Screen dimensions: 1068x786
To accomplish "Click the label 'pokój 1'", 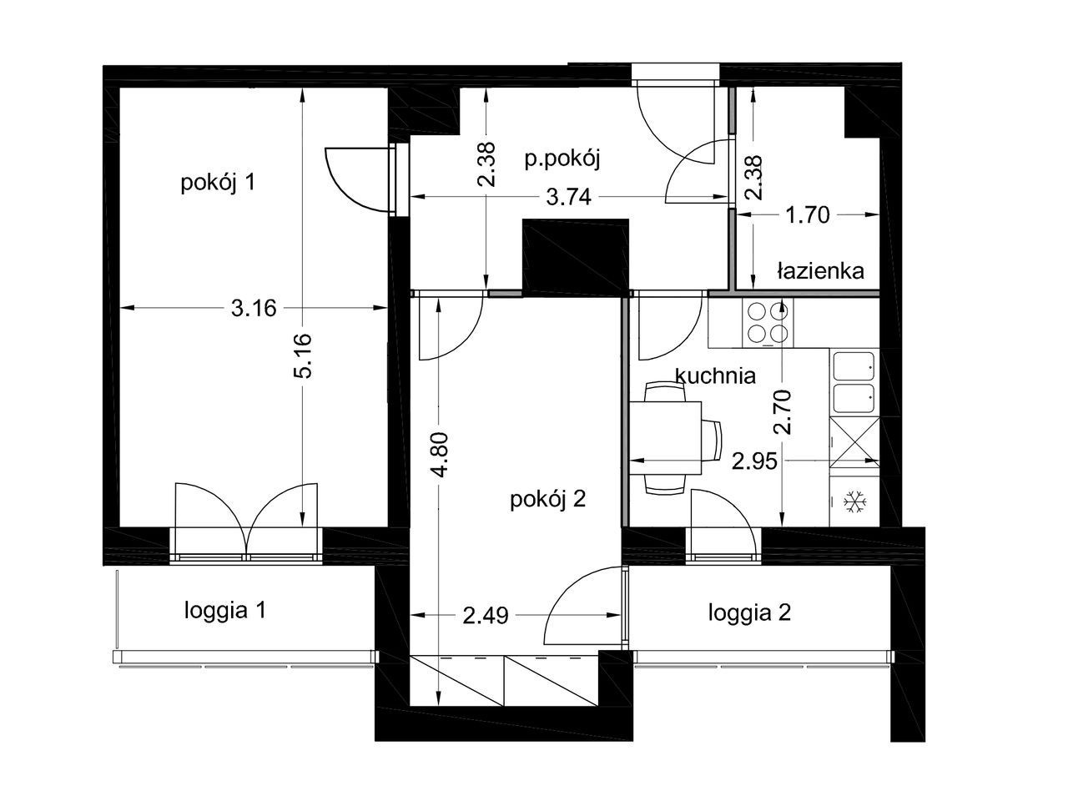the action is coord(218,183).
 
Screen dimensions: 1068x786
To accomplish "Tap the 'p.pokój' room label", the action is coord(562,159).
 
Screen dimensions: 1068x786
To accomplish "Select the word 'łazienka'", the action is coord(820,271).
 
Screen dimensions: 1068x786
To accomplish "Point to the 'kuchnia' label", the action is coord(716,375).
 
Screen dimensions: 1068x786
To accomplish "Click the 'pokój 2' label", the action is coord(548,500).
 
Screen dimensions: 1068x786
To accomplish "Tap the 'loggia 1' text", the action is coord(224,611).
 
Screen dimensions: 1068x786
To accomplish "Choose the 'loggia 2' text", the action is coord(749,613).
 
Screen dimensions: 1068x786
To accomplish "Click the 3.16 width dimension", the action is coord(254,308).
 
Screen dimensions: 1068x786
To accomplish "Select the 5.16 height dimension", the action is coord(302,355).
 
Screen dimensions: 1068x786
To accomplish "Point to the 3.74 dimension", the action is coord(568,197).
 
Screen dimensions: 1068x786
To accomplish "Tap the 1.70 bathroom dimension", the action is coord(807,215).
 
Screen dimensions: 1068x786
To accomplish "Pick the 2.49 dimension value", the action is coord(486,616).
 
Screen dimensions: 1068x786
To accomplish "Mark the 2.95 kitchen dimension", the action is coord(755,461).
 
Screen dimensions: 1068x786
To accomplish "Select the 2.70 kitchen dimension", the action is coord(783,412).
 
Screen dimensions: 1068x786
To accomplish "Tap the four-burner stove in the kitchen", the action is coord(768,323).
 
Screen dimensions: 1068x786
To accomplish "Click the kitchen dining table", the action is coord(666,438).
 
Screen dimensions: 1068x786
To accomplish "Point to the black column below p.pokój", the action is coord(576,258).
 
